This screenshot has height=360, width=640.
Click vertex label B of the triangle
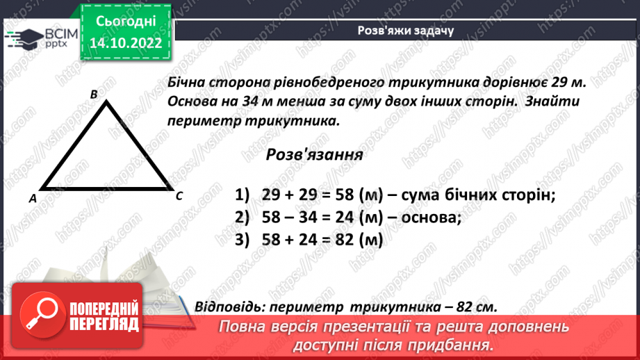click(94, 93)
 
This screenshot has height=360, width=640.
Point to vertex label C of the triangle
click(179, 196)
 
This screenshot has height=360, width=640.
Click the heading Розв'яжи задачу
click(405, 31)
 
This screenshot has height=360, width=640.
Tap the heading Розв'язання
click(314, 154)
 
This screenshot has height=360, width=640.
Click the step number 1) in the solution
click(241, 195)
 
